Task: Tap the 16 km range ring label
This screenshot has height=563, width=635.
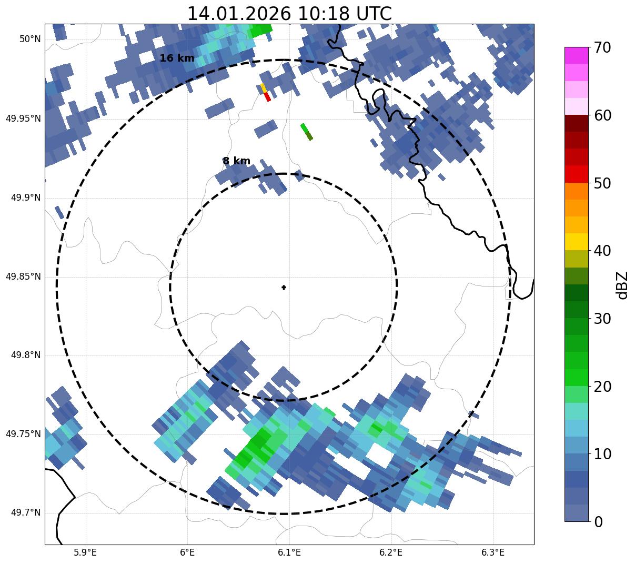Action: tap(177, 58)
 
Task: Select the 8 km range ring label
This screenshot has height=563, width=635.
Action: tap(236, 161)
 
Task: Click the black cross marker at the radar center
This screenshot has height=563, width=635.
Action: tap(284, 288)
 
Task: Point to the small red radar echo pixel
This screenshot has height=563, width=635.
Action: tap(267, 97)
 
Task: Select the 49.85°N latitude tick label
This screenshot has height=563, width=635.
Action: tap(23, 276)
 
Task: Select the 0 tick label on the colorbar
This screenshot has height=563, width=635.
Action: tap(598, 522)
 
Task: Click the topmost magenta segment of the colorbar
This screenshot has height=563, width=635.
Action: tap(576, 55)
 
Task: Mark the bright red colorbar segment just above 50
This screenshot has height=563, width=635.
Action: tap(576, 174)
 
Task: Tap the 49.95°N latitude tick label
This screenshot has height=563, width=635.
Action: tap(23, 118)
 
